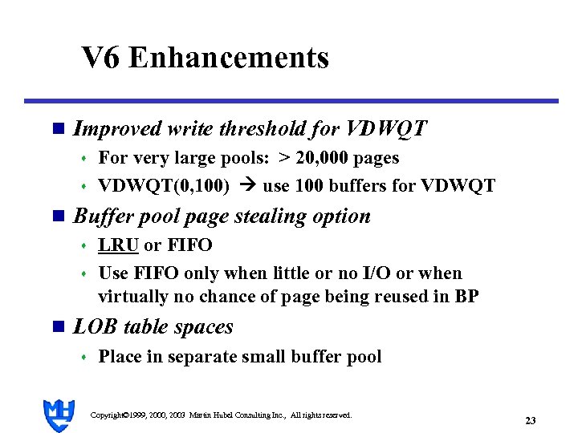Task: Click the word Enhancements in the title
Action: click(x=228, y=58)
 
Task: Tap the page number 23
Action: click(x=530, y=420)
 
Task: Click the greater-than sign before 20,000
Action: click(x=284, y=158)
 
